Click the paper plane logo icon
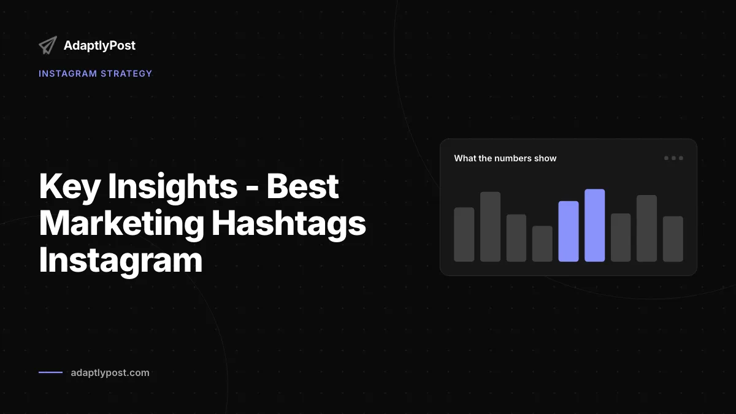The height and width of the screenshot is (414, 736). pos(48,45)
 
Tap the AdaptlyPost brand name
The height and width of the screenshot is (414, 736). pos(99,45)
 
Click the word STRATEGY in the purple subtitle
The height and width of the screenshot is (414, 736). pos(126,74)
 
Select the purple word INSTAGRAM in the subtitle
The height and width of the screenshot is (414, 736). pos(68,74)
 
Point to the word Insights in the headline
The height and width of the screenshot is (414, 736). pos(173,186)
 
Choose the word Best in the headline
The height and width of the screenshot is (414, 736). pos(302,186)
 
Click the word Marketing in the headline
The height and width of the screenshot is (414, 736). pos(121,223)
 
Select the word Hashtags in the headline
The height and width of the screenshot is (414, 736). pos(289,223)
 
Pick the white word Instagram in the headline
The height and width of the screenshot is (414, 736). pos(121,260)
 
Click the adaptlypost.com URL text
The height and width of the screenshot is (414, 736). pos(110,373)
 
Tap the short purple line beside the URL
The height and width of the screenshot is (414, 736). pos(50,372)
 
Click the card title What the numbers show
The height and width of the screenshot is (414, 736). pos(505,158)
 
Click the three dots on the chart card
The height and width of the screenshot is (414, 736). pos(673,158)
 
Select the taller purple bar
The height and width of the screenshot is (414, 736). pos(595,226)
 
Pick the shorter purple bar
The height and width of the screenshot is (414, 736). pos(569,231)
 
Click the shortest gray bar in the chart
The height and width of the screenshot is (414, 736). pos(542,244)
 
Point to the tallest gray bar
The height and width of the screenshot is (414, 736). pos(490,227)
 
